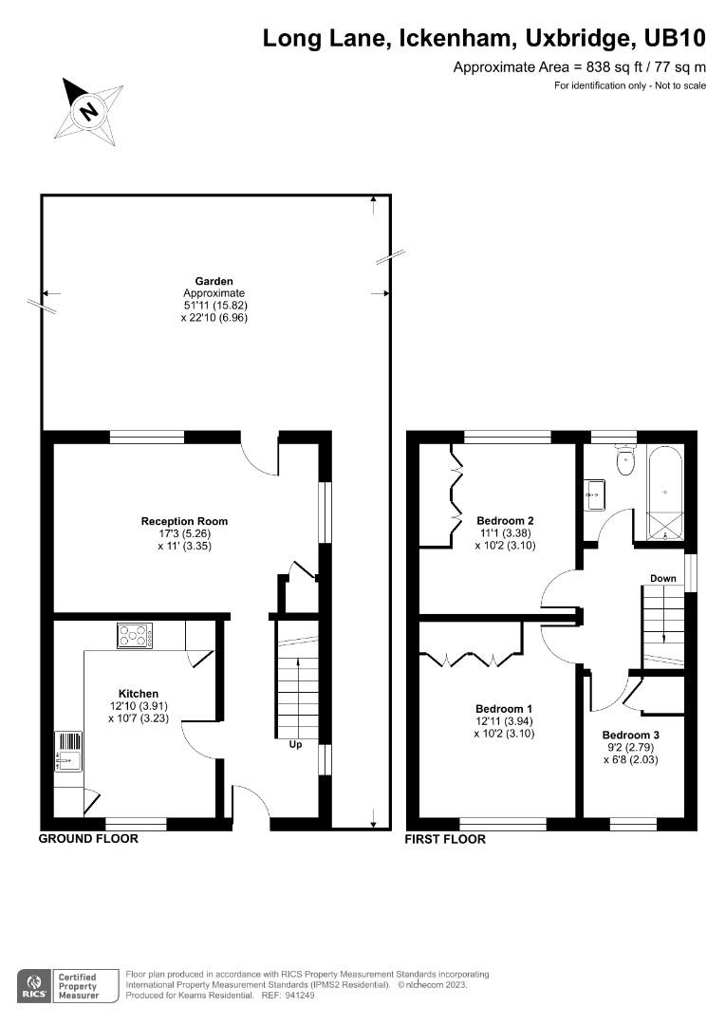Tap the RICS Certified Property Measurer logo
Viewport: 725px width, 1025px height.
tap(60, 984)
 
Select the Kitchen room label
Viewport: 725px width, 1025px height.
tap(139, 694)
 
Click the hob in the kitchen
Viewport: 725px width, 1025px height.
tap(135, 635)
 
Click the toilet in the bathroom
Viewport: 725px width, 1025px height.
tap(625, 462)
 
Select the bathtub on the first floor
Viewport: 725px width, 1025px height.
tap(665, 491)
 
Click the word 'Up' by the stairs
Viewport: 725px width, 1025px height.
tap(295, 745)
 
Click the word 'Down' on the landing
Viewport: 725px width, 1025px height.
tap(663, 578)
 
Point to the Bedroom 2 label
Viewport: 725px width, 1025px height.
tap(505, 520)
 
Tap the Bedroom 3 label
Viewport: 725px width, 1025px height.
tap(630, 736)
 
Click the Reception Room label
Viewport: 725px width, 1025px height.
tap(184, 521)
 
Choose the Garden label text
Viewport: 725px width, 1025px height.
tap(214, 281)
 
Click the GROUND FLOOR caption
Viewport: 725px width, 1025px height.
tap(88, 839)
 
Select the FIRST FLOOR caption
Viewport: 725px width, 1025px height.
tap(445, 839)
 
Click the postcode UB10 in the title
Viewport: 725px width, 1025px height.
tap(674, 39)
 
